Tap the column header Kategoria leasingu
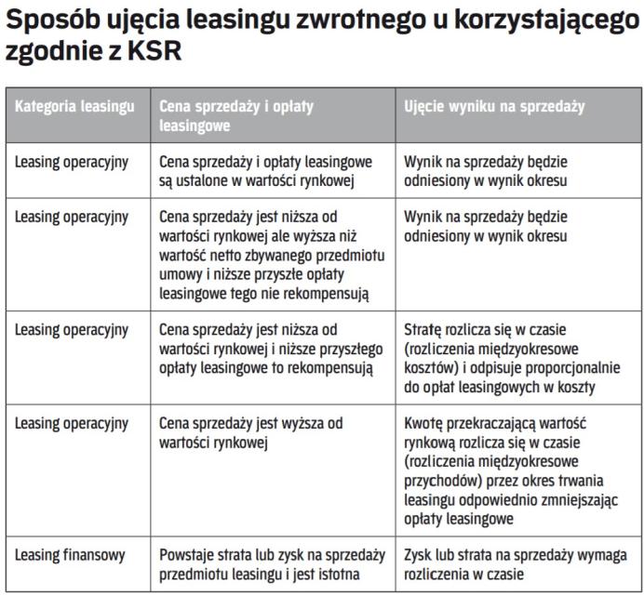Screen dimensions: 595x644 tap(74, 106)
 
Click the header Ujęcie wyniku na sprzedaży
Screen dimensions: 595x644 tap(494, 106)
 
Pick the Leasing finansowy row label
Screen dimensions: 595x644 tap(70, 555)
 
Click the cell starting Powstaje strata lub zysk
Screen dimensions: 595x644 tap(272, 564)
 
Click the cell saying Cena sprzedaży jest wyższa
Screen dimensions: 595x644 tap(251, 432)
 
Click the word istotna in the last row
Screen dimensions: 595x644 tap(336, 574)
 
